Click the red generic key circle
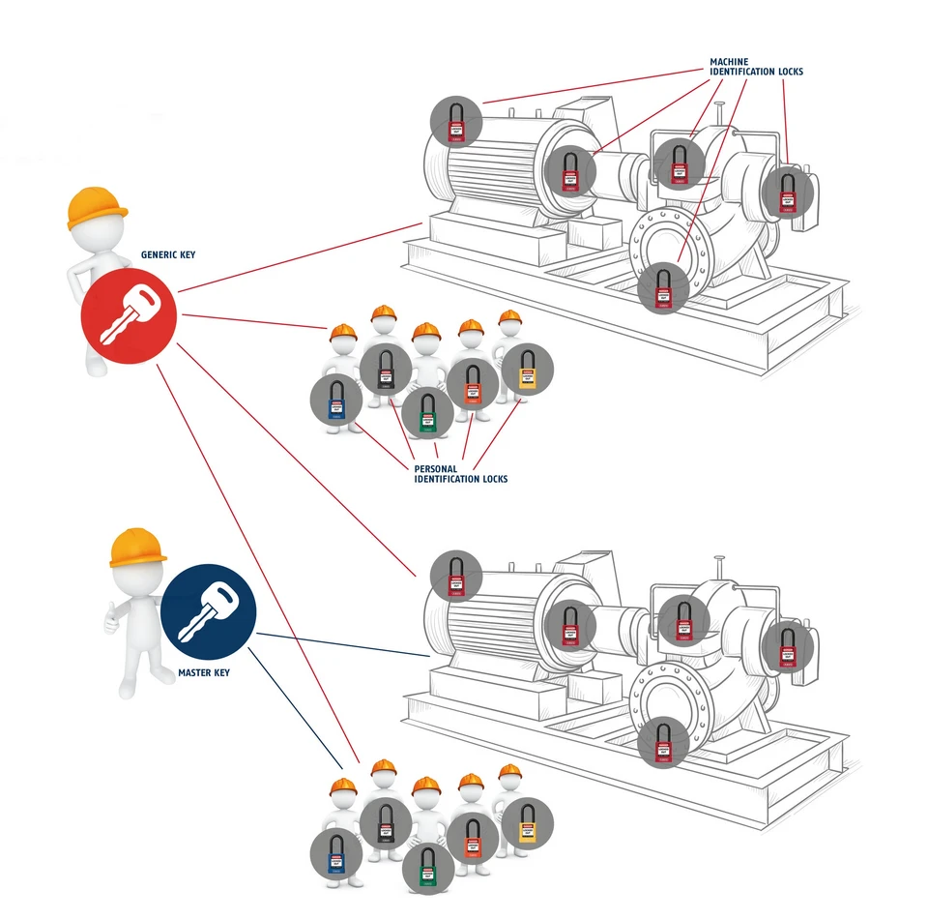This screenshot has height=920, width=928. click(x=129, y=314)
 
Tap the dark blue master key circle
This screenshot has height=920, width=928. click(x=208, y=612)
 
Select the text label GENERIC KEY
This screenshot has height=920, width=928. click(x=168, y=254)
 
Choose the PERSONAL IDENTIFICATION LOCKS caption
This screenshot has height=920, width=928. click(x=460, y=473)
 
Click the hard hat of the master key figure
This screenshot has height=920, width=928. click(x=137, y=548)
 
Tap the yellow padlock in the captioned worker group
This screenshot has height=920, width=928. click(x=527, y=370)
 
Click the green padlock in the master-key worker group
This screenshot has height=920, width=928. click(x=427, y=868)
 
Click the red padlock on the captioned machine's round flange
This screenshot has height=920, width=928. click(x=663, y=287)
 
